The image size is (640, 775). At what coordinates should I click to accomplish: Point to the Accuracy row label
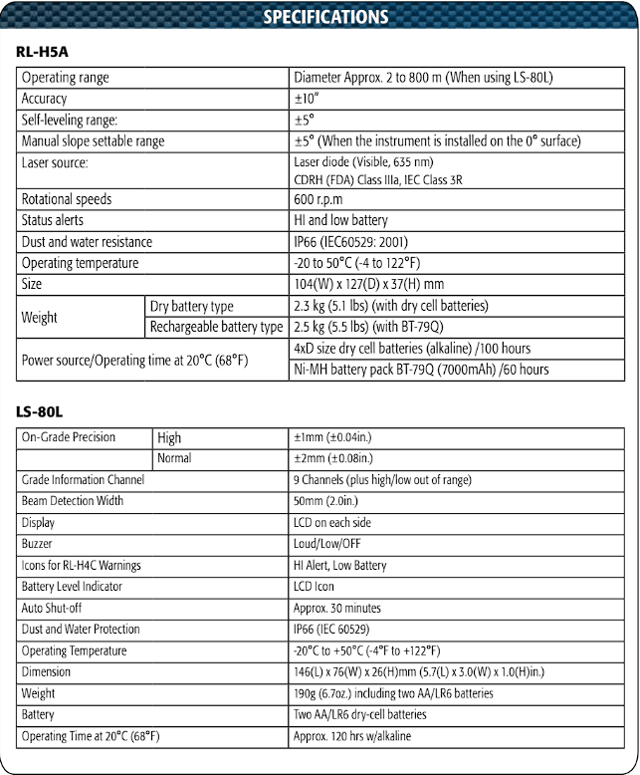[45, 99]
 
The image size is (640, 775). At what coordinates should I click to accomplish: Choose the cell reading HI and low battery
[340, 220]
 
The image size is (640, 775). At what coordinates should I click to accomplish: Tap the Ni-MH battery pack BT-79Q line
[421, 370]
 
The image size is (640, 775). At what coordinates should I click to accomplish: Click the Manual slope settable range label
[94, 141]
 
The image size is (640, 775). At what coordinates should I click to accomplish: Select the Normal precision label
[174, 458]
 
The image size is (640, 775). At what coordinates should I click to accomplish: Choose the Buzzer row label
[37, 544]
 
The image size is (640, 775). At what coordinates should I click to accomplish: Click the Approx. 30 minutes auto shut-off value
[337, 608]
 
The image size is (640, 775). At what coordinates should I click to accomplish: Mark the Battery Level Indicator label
[72, 587]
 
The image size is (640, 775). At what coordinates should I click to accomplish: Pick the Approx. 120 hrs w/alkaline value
[351, 736]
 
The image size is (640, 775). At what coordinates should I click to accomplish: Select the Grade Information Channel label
[83, 480]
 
